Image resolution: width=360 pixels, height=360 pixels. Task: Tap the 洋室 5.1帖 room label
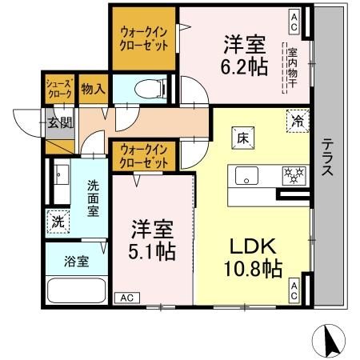[x=154, y=238]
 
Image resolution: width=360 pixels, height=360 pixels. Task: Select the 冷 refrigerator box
[x=297, y=122]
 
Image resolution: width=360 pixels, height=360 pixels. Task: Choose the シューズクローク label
[x=59, y=88]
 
